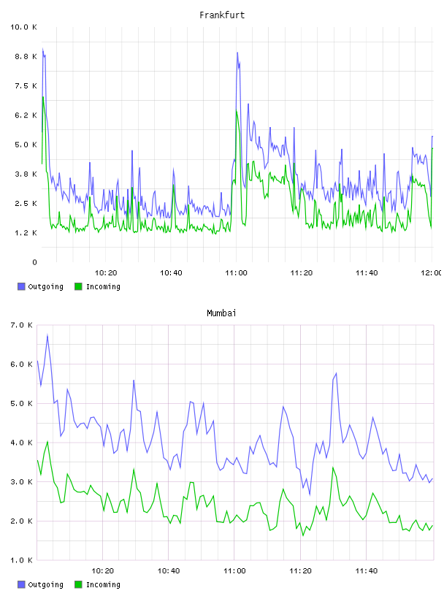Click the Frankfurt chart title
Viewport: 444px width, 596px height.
pos(222,15)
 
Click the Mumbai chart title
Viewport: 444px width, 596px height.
pos(221,313)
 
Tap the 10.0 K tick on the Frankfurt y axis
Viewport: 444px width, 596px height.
pos(23,27)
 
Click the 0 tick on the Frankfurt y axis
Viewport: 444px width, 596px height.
pos(34,262)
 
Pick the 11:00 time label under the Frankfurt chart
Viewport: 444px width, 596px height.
pos(236,273)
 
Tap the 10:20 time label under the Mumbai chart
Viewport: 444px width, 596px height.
pos(103,571)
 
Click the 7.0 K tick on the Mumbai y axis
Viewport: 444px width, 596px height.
pos(21,325)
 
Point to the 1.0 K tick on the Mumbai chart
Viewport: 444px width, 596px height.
pos(21,560)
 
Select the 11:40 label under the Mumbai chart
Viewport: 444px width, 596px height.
pos(367,571)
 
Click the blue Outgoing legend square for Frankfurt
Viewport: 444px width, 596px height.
pos(21,286)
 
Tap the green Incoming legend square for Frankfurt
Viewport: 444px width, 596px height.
pos(78,286)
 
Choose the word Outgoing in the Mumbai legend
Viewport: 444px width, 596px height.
pos(45,585)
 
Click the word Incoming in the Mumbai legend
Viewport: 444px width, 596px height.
pos(103,585)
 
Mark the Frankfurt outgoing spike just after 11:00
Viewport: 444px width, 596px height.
pos(237,53)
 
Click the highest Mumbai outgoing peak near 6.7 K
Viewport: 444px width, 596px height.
pos(47,335)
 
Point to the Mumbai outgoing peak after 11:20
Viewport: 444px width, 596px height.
pos(336,373)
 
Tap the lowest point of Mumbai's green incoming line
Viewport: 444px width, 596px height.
pos(303,535)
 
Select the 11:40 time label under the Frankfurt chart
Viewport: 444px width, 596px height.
pos(367,273)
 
